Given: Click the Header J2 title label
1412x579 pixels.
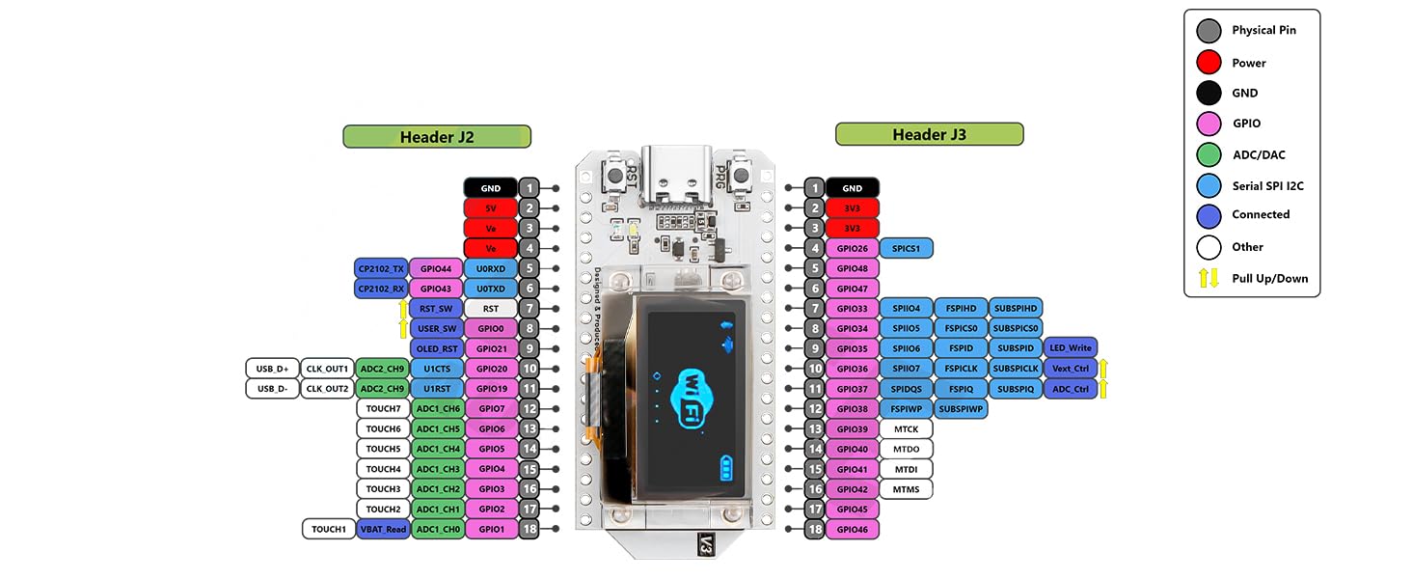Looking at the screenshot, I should click(437, 137).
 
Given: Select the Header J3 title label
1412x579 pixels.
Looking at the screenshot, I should click(929, 134).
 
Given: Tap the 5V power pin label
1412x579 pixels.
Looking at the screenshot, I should click(491, 207).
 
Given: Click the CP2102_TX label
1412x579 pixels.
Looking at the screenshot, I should click(381, 268).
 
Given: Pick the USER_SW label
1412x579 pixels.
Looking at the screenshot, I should click(436, 328).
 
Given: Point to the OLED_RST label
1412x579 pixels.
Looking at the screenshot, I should click(436, 348).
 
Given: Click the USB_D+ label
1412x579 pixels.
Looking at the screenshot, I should click(272, 369).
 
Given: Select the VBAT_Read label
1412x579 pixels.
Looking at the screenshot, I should click(383, 529).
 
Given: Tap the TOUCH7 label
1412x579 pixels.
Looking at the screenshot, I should click(383, 409).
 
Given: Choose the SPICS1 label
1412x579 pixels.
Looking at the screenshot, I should click(906, 249).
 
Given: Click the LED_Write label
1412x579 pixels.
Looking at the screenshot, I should click(1070, 348).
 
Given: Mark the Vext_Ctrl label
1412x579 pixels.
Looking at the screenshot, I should click(1070, 369).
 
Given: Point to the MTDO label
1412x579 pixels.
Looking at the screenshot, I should click(906, 449).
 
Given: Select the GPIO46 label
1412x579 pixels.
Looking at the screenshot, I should click(852, 529).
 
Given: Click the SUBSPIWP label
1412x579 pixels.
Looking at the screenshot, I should click(960, 409).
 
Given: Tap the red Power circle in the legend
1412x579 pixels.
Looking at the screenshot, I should click(1208, 63).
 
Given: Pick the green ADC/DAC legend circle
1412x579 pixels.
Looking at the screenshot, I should click(1208, 154).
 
